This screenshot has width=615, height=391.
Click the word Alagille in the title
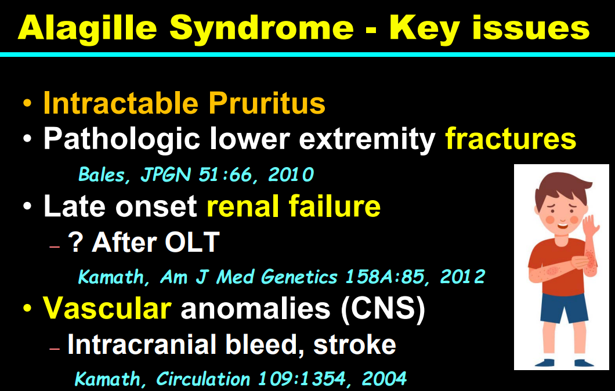click(x=87, y=29)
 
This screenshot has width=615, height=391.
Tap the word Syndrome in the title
click(x=262, y=29)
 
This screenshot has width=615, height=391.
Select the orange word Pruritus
click(x=267, y=104)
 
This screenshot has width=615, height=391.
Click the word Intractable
click(x=121, y=103)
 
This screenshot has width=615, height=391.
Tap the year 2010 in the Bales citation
click(x=291, y=175)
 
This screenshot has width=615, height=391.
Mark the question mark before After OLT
click(x=75, y=242)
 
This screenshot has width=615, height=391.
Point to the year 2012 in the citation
click(x=463, y=277)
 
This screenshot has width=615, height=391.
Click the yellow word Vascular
click(x=107, y=308)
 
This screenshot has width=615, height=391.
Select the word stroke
click(x=354, y=344)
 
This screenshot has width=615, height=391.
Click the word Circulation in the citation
click(x=203, y=379)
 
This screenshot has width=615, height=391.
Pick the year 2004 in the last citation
click(x=384, y=379)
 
